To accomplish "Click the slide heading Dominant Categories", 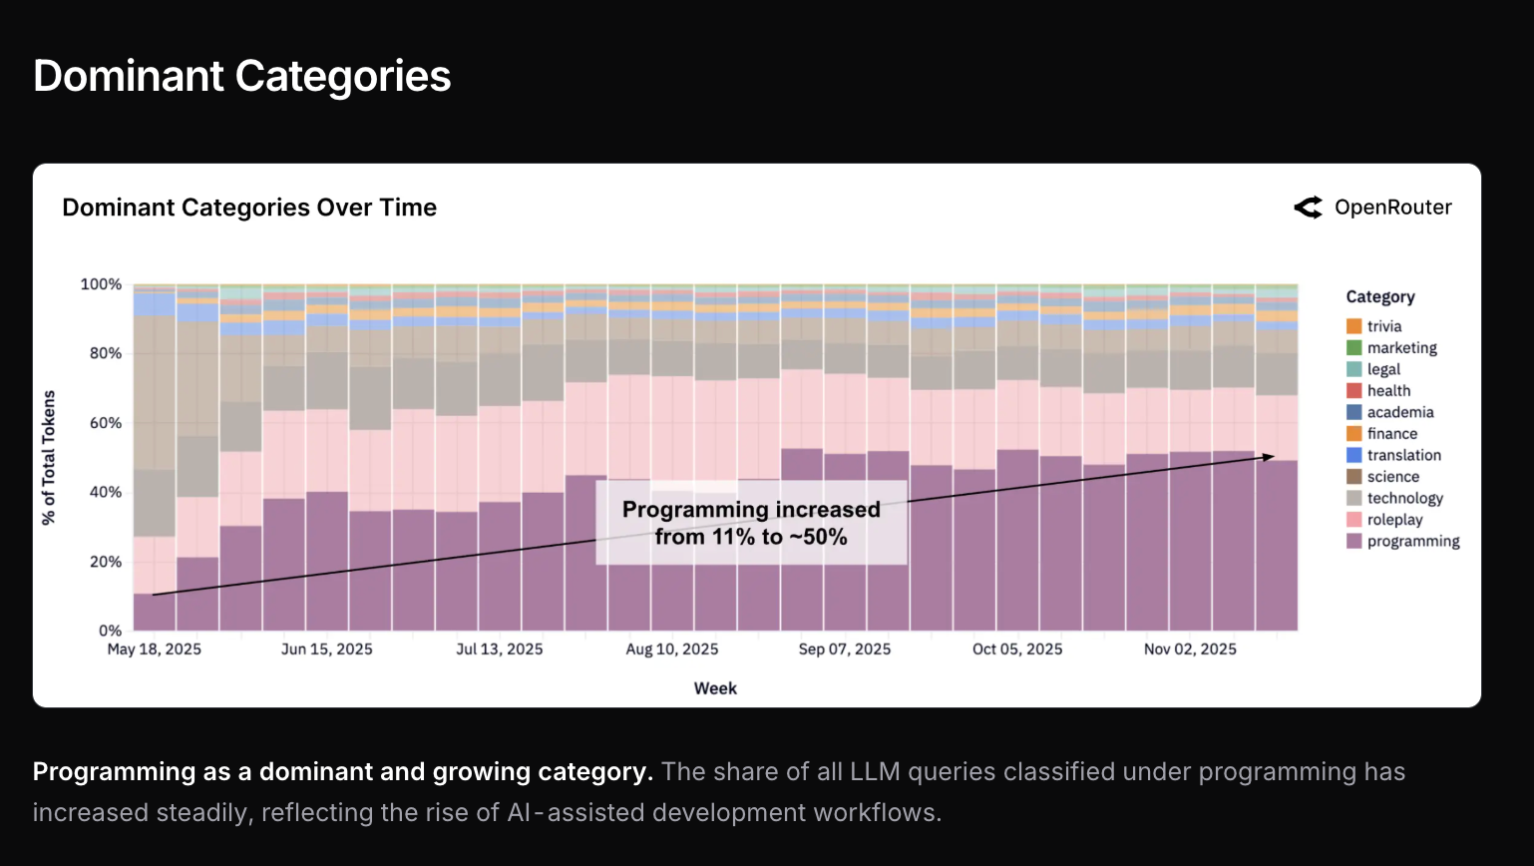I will click(241, 76).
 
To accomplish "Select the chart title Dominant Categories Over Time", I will click(249, 208).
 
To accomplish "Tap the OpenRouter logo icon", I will click(1308, 208).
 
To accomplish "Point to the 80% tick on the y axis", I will click(101, 353).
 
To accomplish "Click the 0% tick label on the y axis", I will click(110, 631).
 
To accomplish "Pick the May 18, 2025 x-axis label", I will click(155, 649).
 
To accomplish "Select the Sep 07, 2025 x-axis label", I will click(845, 649).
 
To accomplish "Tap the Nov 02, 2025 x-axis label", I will click(1190, 649).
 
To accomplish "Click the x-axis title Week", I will click(715, 688).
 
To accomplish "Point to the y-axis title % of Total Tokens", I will click(49, 457).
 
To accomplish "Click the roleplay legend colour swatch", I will click(1354, 520).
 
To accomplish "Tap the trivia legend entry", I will click(1383, 327).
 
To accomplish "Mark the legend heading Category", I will click(1380, 297).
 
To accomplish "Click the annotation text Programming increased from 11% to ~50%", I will click(751, 523).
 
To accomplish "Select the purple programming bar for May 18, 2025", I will click(155, 613).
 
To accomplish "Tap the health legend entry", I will click(1388, 391).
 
